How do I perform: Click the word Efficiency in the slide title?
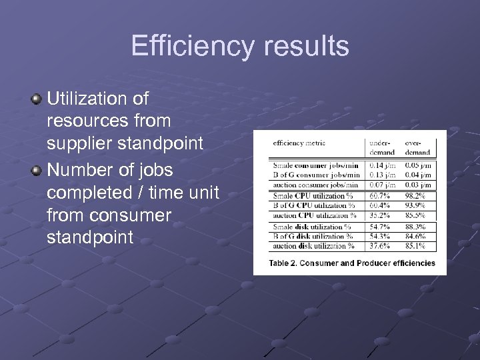[192, 47]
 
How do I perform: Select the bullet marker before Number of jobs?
[37, 171]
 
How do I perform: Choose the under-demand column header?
[383, 147]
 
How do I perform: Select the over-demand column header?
[417, 147]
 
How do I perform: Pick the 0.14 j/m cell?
[383, 165]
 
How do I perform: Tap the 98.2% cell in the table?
[416, 196]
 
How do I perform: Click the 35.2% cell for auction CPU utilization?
[381, 215]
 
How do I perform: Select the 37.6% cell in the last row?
[381, 247]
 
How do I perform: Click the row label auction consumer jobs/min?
[315, 185]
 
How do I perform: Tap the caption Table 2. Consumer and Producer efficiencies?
[352, 263]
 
